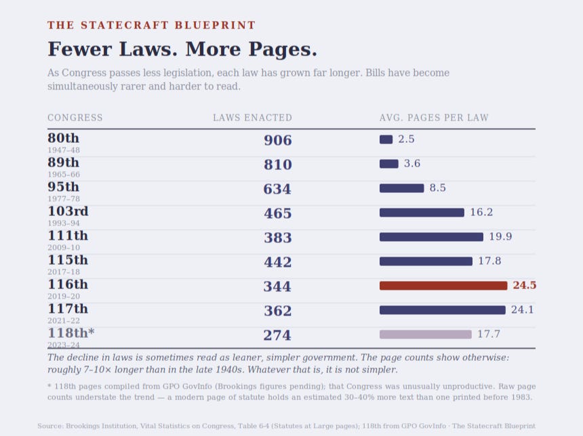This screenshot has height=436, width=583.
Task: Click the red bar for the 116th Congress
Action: click(x=443, y=286)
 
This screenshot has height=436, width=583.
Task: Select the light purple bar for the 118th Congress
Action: click(x=425, y=334)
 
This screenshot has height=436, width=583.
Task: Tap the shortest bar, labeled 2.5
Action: click(x=386, y=139)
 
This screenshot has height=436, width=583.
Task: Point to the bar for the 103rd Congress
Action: click(x=422, y=213)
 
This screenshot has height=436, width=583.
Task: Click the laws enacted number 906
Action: click(x=278, y=140)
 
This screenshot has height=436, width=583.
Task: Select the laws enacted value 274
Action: click(x=277, y=335)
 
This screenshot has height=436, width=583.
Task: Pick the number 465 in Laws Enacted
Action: click(x=278, y=213)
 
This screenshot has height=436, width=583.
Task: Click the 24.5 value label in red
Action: click(x=524, y=285)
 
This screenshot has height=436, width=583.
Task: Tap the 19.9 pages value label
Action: click(x=500, y=236)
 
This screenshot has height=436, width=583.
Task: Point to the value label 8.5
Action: click(x=438, y=188)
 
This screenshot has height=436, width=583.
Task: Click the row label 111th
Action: click(x=68, y=236)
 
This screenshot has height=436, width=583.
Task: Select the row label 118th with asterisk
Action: click(x=71, y=333)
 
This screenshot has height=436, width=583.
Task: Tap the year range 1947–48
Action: click(x=64, y=150)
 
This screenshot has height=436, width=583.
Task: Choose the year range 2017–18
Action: click(x=64, y=272)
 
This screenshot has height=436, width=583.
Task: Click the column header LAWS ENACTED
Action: click(x=252, y=118)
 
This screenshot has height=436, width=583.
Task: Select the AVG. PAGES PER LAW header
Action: click(x=434, y=118)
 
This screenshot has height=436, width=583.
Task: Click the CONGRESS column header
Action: click(x=75, y=118)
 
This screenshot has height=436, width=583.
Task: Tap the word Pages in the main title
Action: click(x=283, y=49)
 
